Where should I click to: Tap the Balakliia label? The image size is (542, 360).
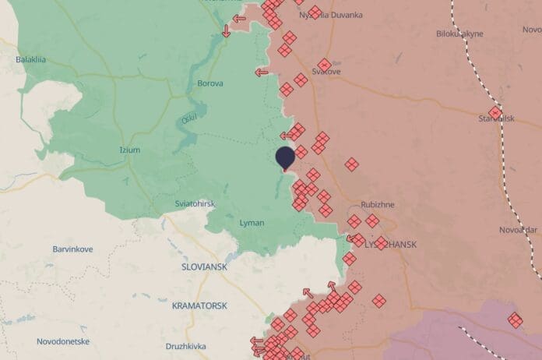pyautogui.click(x=31, y=59)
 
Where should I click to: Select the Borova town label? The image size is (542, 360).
pyautogui.click(x=210, y=83)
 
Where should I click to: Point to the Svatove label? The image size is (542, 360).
pyautogui.click(x=326, y=72)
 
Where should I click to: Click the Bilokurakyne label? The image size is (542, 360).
pyautogui.click(x=459, y=34)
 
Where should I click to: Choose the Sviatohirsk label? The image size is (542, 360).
pyautogui.click(x=195, y=203)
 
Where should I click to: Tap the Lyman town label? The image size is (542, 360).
pyautogui.click(x=252, y=223)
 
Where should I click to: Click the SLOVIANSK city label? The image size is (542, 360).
pyautogui.click(x=204, y=266)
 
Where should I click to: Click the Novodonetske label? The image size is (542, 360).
pyautogui.click(x=62, y=341)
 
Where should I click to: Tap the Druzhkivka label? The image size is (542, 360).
pyautogui.click(x=185, y=346)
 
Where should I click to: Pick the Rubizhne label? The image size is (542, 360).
pyautogui.click(x=378, y=205)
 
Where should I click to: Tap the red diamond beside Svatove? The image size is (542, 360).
pyautogui.click(x=324, y=64)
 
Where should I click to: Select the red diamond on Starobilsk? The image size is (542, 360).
pyautogui.click(x=494, y=112)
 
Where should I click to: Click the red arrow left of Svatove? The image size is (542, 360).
pyautogui.click(x=262, y=72)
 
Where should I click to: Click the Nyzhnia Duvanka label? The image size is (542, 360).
pyautogui.click(x=332, y=15)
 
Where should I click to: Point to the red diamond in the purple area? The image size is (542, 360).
pyautogui.click(x=515, y=319)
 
